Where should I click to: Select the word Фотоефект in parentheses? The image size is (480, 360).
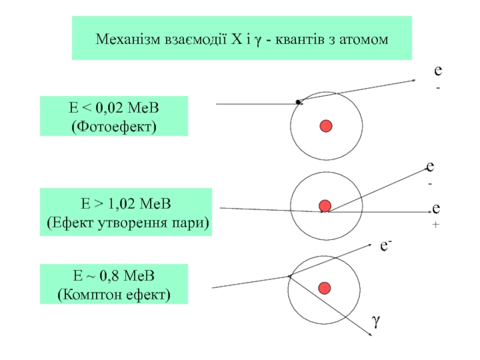113,126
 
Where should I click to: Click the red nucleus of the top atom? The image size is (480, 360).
326,126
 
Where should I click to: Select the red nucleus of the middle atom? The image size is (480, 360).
325,206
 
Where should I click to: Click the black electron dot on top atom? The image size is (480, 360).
298,102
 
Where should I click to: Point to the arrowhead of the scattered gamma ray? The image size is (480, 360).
367,334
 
